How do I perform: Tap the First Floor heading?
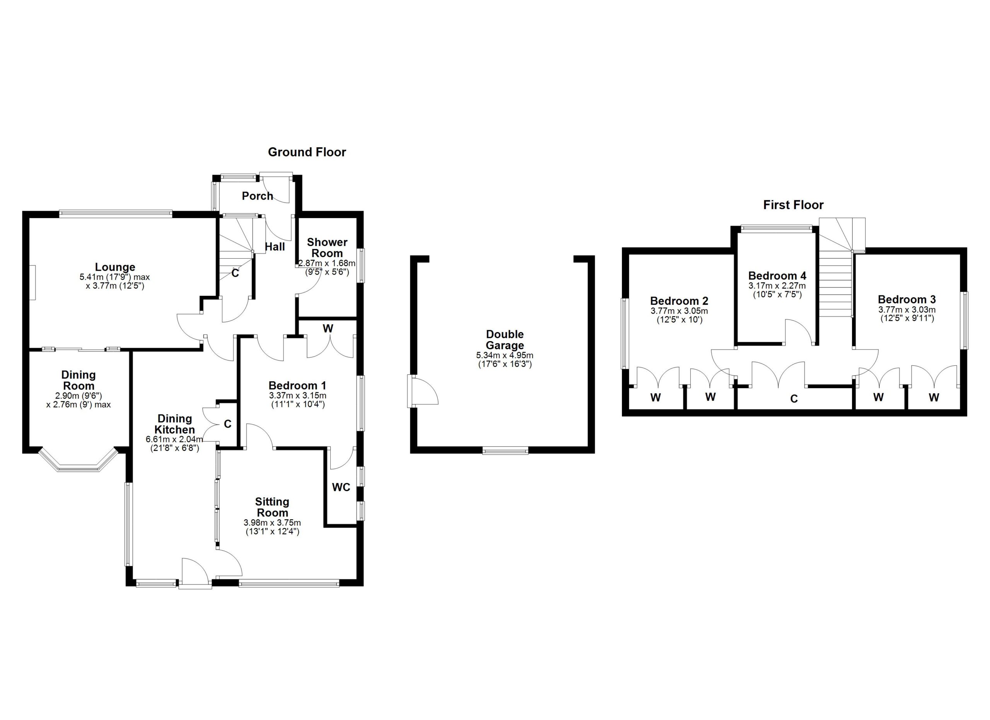(x=793, y=205)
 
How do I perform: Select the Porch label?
(x=258, y=196)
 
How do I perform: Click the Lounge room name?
(x=115, y=267)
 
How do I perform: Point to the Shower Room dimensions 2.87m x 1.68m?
(x=326, y=264)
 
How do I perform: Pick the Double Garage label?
(x=505, y=340)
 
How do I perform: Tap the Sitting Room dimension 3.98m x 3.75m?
(x=272, y=523)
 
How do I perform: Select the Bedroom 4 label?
(x=777, y=275)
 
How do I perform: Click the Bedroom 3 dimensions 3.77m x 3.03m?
(x=906, y=310)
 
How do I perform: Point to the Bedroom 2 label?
(x=679, y=301)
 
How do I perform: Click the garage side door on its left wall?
(x=413, y=391)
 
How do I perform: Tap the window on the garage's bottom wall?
(x=505, y=450)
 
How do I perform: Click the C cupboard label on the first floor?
(x=794, y=398)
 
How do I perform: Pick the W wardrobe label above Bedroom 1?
(x=328, y=328)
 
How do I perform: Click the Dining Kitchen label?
(x=174, y=424)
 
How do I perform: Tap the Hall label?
(x=275, y=247)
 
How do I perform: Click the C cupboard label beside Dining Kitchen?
(x=227, y=424)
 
